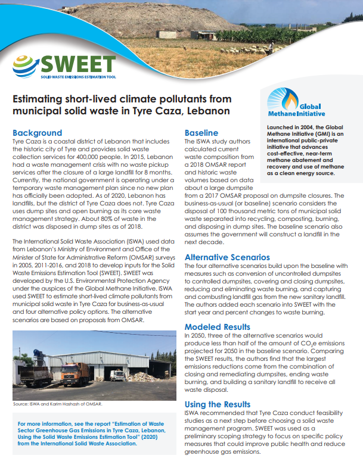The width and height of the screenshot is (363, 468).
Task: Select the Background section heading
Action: [x=37, y=133]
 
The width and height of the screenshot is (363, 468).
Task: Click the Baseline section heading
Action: [x=201, y=133]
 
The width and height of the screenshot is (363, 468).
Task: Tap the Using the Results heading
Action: [x=217, y=403]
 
